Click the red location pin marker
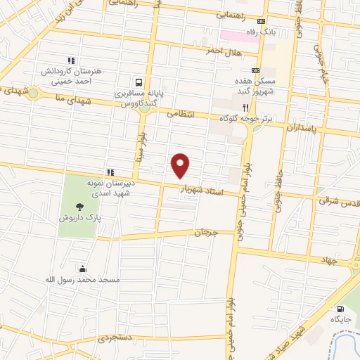pyautogui.click(x=181, y=165)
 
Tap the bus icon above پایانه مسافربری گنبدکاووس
pyautogui.click(x=139, y=82)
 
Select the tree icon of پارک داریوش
pyautogui.click(x=79, y=207)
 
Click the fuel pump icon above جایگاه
pyautogui.click(x=341, y=308)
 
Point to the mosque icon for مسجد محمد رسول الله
pyautogui.click(x=83, y=268)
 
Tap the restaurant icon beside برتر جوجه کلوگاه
pyautogui.click(x=245, y=108)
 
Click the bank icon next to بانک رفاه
pyautogui.click(x=262, y=21)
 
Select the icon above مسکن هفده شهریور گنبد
pyautogui.click(x=255, y=70)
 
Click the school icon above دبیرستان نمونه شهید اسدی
pyautogui.click(x=110, y=172)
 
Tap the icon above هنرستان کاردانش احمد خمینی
pyautogui.click(x=70, y=60)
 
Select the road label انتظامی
pyautogui.click(x=181, y=112)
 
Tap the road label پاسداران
pyautogui.click(x=302, y=127)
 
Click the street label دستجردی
pyautogui.click(x=114, y=338)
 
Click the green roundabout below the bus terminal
pyautogui.click(x=145, y=107)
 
